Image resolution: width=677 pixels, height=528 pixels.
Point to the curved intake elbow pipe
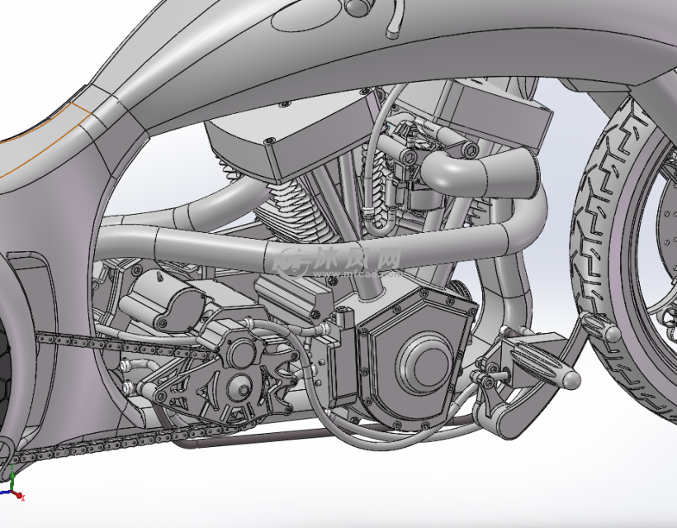(462, 169)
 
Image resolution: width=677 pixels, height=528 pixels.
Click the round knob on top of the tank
(357, 7)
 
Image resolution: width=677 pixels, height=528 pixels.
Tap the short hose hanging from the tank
(395, 21)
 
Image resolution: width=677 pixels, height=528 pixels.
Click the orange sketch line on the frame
(41, 132)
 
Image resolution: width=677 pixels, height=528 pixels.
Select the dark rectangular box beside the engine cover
(342, 368)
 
